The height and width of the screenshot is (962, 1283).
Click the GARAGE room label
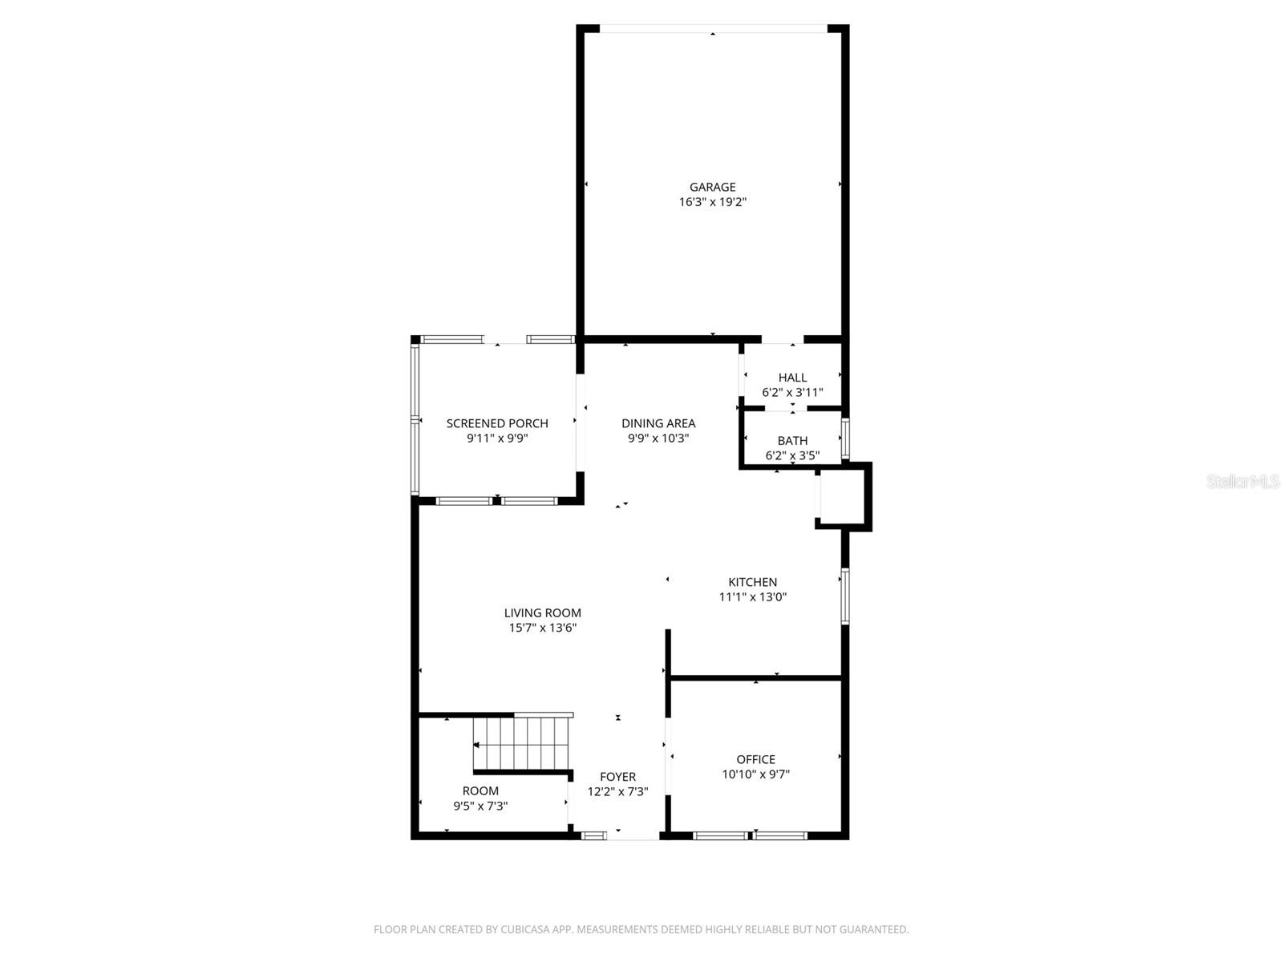coord(712,187)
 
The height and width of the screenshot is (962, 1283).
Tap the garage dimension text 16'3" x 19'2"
coord(712,202)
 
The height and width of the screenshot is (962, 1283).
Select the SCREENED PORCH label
coord(497,423)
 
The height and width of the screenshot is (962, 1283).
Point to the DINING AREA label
coord(658,423)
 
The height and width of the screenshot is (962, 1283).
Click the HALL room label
coord(792,378)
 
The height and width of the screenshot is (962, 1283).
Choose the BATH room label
coord(792,441)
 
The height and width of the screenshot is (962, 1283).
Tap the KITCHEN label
coord(752,582)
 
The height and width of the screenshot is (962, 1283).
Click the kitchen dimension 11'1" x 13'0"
coord(752,597)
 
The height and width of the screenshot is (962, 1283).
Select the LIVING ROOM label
coord(543,612)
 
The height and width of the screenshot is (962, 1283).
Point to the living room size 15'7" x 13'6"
coord(543,628)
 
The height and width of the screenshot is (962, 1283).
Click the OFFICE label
coord(755,759)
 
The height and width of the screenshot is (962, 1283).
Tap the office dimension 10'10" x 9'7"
coord(755,774)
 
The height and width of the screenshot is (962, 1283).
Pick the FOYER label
coord(617,777)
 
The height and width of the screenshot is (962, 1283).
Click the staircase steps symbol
coord(521,743)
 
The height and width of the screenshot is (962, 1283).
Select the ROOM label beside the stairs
coord(480,790)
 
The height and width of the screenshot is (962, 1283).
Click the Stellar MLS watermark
coord(1242,482)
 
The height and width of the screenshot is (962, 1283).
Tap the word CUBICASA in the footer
coord(525,930)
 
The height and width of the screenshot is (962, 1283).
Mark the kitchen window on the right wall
coord(844,596)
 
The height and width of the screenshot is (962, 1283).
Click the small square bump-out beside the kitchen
coord(842,497)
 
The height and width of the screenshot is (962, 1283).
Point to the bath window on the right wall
coord(844,438)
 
